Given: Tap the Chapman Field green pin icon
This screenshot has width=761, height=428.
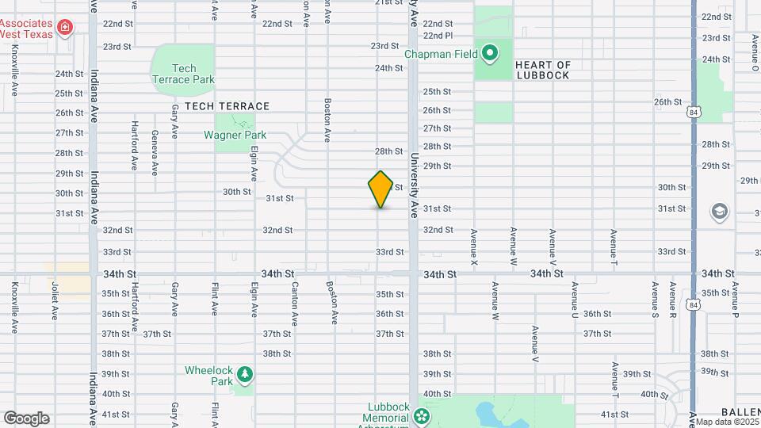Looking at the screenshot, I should coord(491,54).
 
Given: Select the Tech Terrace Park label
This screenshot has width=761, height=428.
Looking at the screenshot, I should coord(183,74).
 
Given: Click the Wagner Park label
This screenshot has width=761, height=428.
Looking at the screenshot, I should coord(235,135).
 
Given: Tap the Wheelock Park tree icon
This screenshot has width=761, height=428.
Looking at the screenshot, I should coord(246,373).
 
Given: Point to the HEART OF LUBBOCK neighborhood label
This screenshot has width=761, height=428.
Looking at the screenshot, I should coord(542,70).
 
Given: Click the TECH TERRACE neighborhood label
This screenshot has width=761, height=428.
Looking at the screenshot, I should coord(228,106).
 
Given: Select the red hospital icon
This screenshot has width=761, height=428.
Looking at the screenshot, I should coord(64,29).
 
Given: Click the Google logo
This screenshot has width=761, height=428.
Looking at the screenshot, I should coord(27,418).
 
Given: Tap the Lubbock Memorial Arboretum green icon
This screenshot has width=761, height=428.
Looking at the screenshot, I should coord(421,415).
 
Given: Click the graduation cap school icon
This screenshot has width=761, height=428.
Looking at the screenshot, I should coord(719,212).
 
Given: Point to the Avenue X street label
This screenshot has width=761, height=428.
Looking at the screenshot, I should coord(474,246).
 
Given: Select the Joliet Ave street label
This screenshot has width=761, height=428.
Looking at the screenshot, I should coord(55,301).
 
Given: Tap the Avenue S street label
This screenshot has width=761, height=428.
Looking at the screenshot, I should coord(655,300).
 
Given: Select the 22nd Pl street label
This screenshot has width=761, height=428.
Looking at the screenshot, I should coord(438,36).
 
